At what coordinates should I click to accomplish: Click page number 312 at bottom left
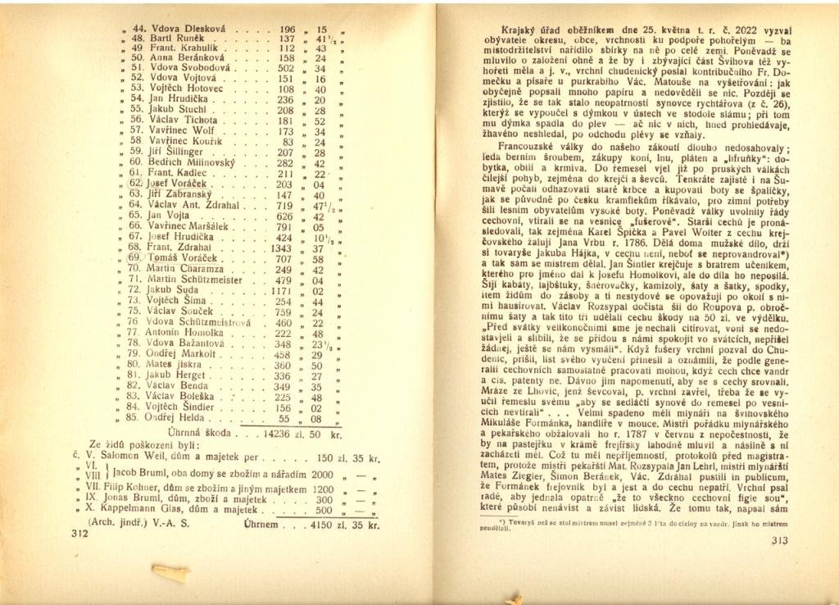coord(80,532)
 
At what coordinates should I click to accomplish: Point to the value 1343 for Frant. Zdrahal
coord(281,247)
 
